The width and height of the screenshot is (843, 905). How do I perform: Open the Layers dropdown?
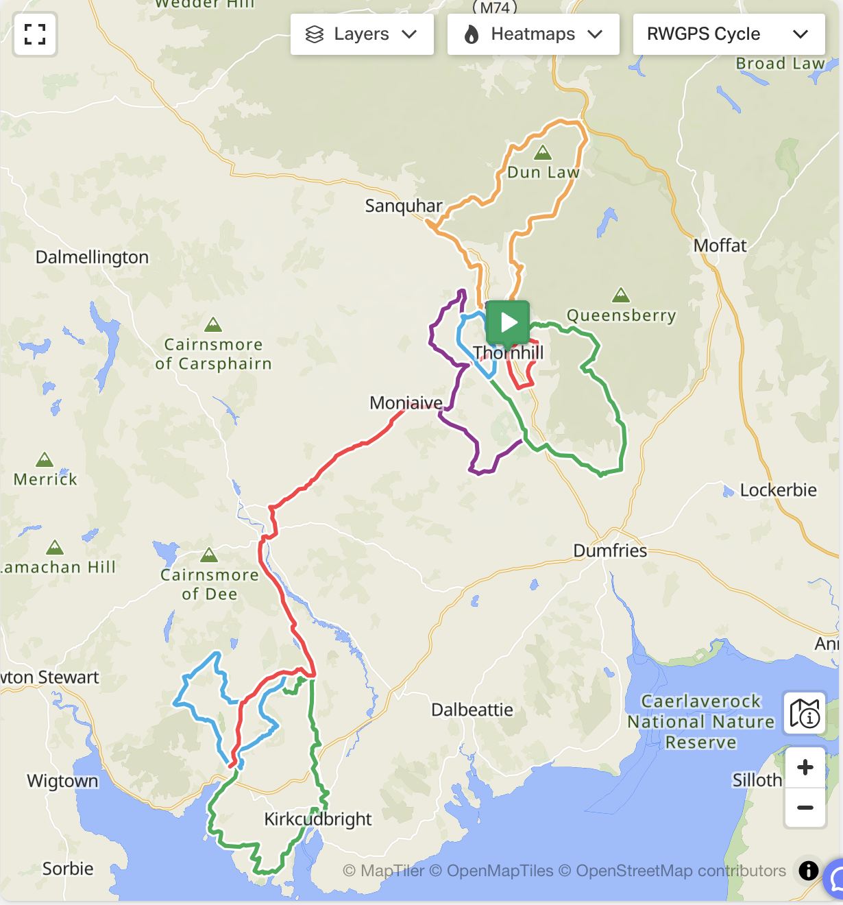(x=361, y=34)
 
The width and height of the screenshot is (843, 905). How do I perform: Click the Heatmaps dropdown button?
(x=533, y=34)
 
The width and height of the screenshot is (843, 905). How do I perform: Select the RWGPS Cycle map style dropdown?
(x=728, y=34)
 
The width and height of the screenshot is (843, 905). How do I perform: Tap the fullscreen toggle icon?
(x=35, y=34)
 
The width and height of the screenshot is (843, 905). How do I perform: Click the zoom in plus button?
(x=805, y=767)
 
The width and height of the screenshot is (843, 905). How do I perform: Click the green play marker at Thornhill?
(x=508, y=322)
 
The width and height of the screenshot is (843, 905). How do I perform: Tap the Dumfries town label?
(x=610, y=551)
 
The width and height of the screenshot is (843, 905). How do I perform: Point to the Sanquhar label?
(x=404, y=206)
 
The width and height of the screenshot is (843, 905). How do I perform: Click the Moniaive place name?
(x=406, y=402)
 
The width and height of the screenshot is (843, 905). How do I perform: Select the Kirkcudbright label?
(x=318, y=819)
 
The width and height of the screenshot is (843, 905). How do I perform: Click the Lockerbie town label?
(x=778, y=490)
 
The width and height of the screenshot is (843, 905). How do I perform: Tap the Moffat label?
(x=720, y=245)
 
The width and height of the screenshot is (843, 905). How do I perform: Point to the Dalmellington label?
(x=92, y=257)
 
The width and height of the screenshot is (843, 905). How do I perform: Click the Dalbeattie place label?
(x=472, y=710)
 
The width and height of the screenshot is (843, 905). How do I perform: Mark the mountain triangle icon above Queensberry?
(x=621, y=295)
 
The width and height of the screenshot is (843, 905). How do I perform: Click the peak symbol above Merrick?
(x=45, y=459)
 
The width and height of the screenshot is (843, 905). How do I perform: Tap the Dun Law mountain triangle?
(x=543, y=152)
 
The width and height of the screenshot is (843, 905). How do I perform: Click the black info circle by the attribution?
(x=809, y=871)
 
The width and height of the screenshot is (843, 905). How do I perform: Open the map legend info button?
(x=805, y=713)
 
